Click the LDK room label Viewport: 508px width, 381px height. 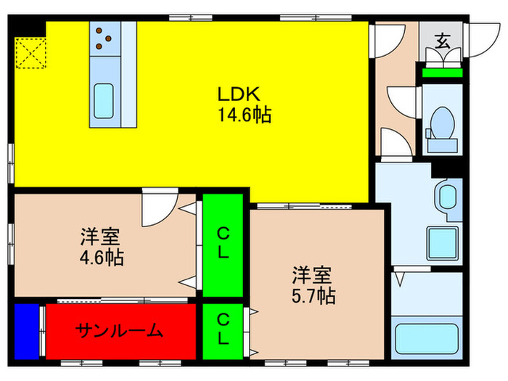click(234, 94)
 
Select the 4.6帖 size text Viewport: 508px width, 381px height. click(101, 257)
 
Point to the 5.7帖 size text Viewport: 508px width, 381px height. click(313, 295)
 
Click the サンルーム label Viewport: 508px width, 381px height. click(120, 331)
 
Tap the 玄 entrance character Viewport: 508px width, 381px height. click(442, 41)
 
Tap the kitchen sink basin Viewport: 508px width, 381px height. click(106, 99)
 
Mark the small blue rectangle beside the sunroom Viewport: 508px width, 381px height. click(25, 332)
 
